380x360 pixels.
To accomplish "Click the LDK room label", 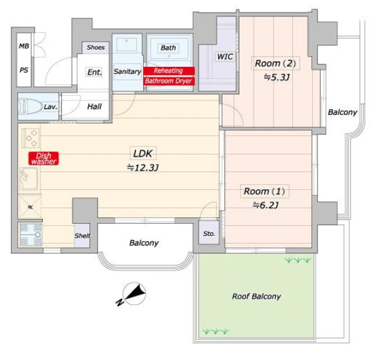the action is point(143,153).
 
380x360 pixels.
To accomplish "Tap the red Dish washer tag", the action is point(43,158).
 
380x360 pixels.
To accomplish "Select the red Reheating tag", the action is point(169,71).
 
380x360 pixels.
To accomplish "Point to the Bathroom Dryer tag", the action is point(169,81).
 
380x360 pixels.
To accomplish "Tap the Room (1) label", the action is point(265,191).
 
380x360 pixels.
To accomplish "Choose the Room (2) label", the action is point(275,63).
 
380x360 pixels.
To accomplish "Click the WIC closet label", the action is point(225,57).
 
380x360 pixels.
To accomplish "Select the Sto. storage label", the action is point(209,234).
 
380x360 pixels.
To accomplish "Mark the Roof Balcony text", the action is point(256,296).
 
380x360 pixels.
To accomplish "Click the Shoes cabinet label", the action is point(96,47).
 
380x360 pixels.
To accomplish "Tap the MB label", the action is point(24,46).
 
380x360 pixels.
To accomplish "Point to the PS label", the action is point(24,70).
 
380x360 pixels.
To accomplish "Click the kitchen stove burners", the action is point(30,138).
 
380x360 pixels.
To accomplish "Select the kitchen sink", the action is point(29,179).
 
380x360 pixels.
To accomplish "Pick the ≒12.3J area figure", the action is point(143,168).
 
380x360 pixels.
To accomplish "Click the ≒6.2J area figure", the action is point(265,206).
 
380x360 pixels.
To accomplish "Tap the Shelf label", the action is point(83,235).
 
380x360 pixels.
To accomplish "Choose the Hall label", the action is point(95,107).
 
